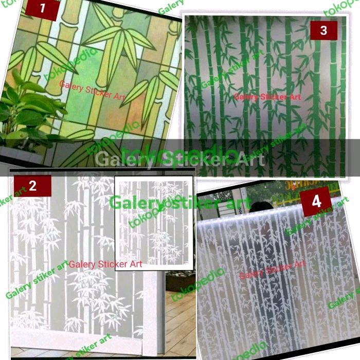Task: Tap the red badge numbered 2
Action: point(32,186)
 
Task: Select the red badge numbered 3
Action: point(323,30)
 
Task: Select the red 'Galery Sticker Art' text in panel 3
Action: point(268,96)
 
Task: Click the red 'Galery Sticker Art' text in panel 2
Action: point(105,264)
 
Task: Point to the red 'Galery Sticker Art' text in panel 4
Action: point(273,271)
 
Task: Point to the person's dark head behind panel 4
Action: point(261,208)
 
